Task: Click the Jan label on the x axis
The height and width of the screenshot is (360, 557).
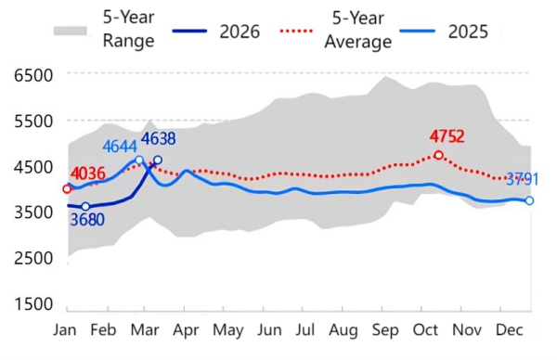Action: tap(65, 330)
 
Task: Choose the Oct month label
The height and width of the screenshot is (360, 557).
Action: tap(426, 330)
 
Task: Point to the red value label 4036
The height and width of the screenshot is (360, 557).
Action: tap(88, 173)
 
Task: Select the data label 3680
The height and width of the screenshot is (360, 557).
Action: tap(86, 220)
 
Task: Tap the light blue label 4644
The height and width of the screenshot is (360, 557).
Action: tap(121, 147)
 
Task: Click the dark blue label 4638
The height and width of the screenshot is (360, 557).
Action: tap(158, 139)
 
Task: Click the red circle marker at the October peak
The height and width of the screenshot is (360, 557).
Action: tap(438, 155)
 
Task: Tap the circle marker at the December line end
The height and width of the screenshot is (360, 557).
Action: tap(529, 200)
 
